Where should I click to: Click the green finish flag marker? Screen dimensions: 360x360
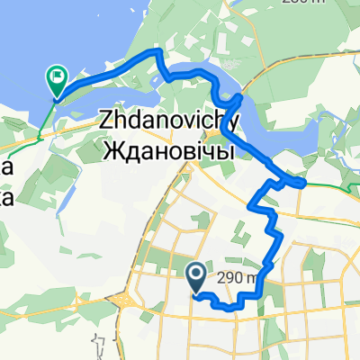tap(58, 82)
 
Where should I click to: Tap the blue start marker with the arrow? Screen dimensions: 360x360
tap(195, 272)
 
